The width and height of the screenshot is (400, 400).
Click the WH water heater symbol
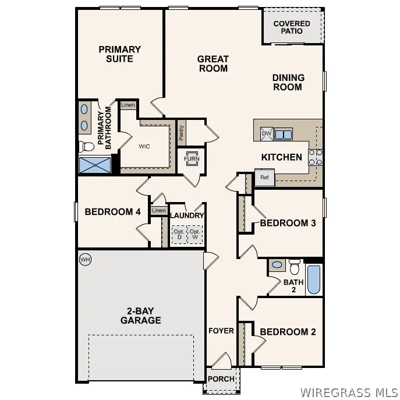[x=85, y=259]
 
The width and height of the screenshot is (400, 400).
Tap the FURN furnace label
[x=191, y=159]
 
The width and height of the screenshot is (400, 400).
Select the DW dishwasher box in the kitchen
[x=267, y=134]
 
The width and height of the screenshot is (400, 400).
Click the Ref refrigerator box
[x=264, y=178]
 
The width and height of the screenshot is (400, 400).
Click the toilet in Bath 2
[x=294, y=267]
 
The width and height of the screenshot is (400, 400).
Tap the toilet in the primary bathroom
[x=85, y=146]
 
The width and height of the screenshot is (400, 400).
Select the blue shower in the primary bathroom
[x=94, y=165]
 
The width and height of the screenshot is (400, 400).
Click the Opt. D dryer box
[x=179, y=235]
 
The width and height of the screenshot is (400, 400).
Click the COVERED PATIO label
[x=292, y=27]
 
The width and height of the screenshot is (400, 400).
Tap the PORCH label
[x=222, y=379]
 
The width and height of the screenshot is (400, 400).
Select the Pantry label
[x=182, y=134]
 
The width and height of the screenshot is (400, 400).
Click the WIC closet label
[x=144, y=146]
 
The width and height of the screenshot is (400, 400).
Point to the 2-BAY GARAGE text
[x=140, y=316]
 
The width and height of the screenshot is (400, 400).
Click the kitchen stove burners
[x=315, y=157]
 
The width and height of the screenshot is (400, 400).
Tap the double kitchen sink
[x=284, y=134]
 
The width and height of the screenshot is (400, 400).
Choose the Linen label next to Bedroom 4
[x=158, y=211]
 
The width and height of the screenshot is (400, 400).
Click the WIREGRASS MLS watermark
[x=347, y=391]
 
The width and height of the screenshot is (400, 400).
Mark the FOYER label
[x=221, y=331]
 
